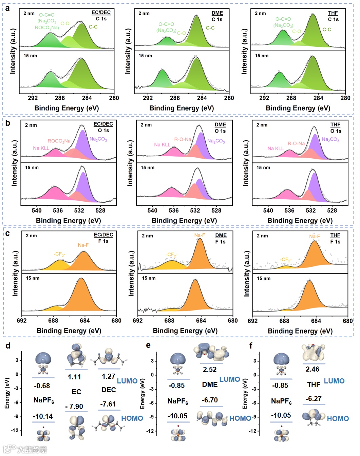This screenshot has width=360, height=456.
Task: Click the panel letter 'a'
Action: pyautogui.click(x=7, y=8)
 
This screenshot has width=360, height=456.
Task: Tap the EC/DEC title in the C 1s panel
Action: pyautogui.click(x=101, y=13)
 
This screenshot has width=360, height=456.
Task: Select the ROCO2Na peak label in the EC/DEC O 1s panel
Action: pyautogui.click(x=59, y=141)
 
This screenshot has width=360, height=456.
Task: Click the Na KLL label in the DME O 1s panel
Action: pyautogui.click(x=162, y=144)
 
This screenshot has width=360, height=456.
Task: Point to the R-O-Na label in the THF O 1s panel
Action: pyautogui.click(x=296, y=143)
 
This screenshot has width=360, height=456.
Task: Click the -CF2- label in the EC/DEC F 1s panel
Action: pyautogui.click(x=59, y=254)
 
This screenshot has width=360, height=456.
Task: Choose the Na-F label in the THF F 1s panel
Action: pyautogui.click(x=315, y=236)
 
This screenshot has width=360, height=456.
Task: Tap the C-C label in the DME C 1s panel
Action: pyautogui.click(x=210, y=28)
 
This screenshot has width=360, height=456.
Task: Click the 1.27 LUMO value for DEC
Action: pyautogui.click(x=108, y=376)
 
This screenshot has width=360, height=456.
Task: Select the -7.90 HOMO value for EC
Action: pyautogui.click(x=74, y=406)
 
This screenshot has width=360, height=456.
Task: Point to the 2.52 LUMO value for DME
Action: pyautogui.click(x=210, y=370)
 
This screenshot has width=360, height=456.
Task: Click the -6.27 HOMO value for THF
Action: pyautogui.click(x=314, y=399)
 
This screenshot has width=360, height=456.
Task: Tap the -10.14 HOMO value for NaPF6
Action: pyautogui.click(x=43, y=416)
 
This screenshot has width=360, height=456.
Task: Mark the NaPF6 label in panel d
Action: pyautogui.click(x=44, y=400)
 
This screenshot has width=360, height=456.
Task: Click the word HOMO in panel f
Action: pyautogui.click(x=338, y=419)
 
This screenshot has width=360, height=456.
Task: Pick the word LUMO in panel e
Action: pyautogui.click(x=229, y=379)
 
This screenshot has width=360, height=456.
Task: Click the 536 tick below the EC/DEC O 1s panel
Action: pyautogui.click(x=58, y=211)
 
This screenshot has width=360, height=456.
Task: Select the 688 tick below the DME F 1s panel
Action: pyautogui.click(x=169, y=320)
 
